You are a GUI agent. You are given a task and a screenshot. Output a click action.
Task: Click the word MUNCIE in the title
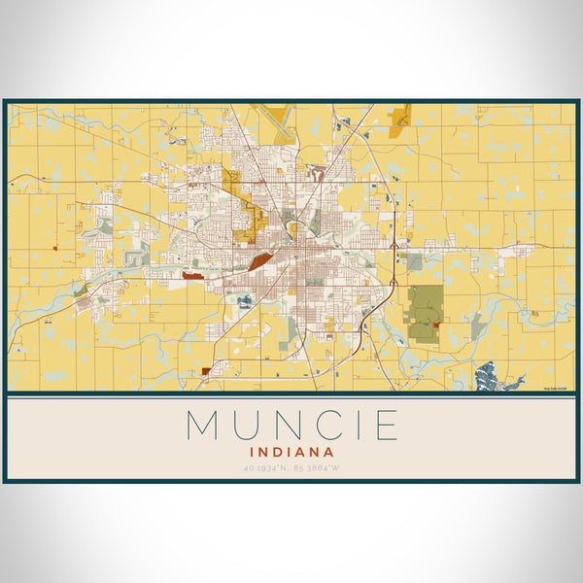291,425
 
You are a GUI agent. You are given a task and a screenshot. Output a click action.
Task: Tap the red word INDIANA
291,452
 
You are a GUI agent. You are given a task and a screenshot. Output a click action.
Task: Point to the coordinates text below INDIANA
291,470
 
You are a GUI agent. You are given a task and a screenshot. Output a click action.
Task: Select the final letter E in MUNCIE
387,425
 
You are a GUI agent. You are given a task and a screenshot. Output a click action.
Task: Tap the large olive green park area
424,306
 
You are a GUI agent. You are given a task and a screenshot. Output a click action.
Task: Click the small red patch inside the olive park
436,325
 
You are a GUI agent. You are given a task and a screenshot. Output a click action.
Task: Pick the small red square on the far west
56,249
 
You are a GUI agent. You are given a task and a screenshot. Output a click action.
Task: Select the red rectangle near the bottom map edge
206,370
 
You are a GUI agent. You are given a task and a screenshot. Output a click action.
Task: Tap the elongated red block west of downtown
191,276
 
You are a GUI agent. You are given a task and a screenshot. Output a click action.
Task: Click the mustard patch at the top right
398,119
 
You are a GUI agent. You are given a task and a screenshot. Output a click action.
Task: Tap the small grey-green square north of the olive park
414,261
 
